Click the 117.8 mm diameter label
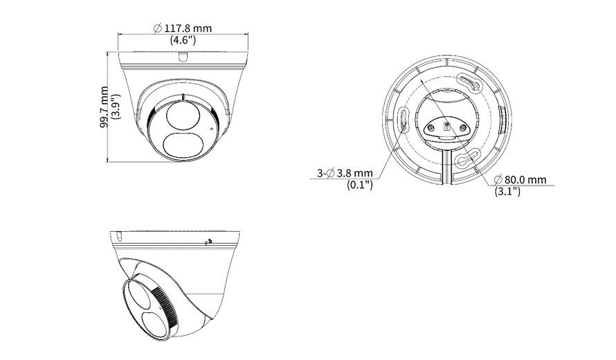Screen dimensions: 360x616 click(x=183, y=28)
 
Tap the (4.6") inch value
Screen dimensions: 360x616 click(x=183, y=40)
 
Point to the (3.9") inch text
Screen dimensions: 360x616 click(x=116, y=107)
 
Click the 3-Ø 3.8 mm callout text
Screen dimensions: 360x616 click(x=345, y=173)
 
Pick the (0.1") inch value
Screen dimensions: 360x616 click(x=360, y=185)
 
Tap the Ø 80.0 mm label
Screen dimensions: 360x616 click(x=520, y=180)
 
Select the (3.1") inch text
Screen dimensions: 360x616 click(x=507, y=192)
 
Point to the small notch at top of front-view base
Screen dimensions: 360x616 click(x=183, y=57)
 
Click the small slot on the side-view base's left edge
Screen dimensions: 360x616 click(x=120, y=236)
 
